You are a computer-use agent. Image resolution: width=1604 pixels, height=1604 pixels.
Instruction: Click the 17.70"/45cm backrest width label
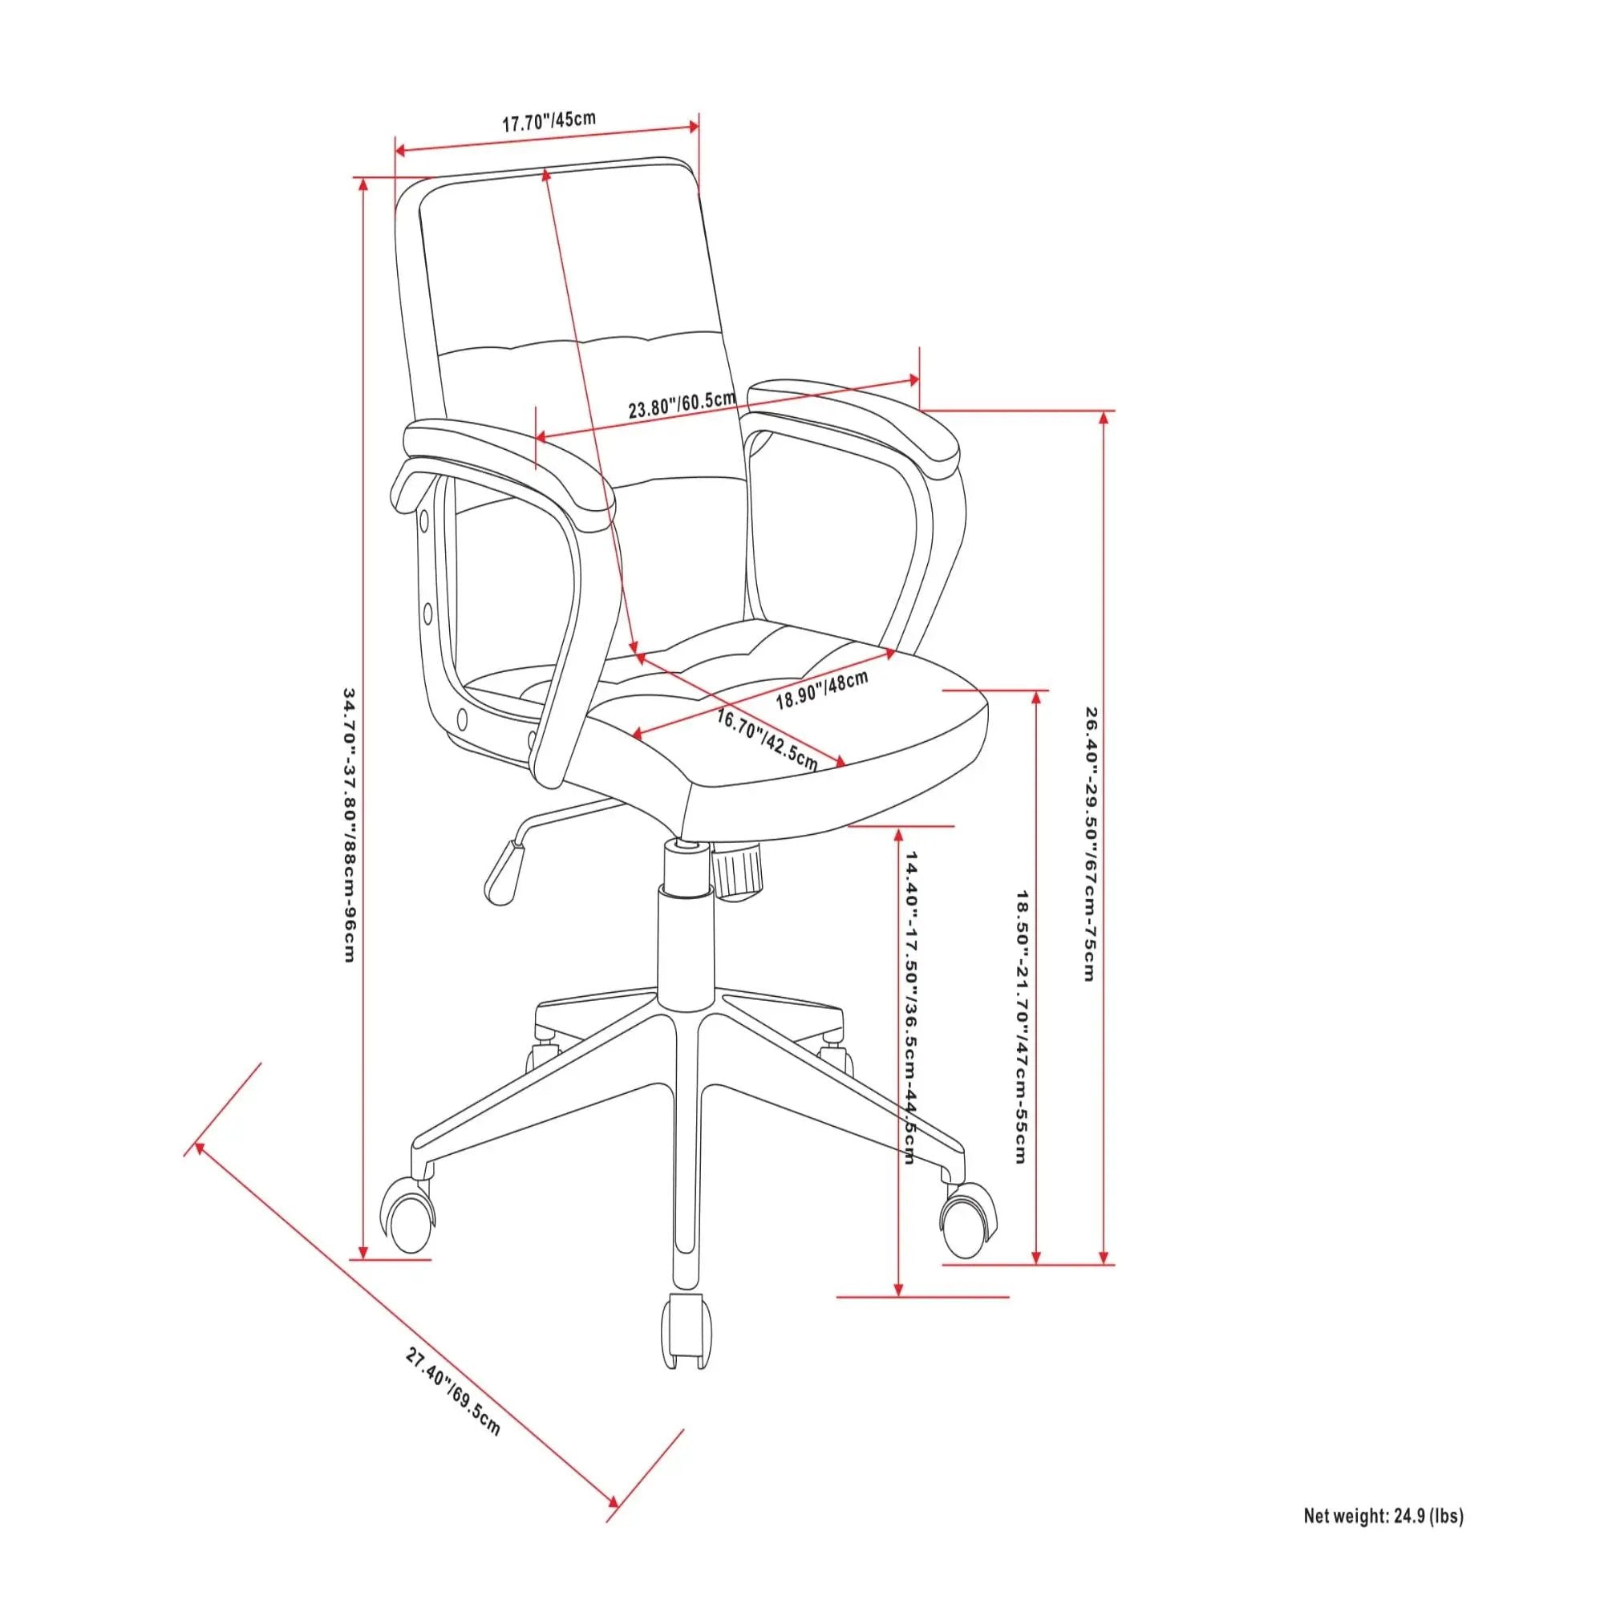coord(549,120)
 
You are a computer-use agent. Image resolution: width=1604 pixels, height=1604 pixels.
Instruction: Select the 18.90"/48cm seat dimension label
coord(822,689)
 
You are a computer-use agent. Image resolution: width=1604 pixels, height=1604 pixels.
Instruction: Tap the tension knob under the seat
coord(736,869)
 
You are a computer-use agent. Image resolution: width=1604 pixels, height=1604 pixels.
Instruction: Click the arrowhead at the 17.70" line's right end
coord(692,125)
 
